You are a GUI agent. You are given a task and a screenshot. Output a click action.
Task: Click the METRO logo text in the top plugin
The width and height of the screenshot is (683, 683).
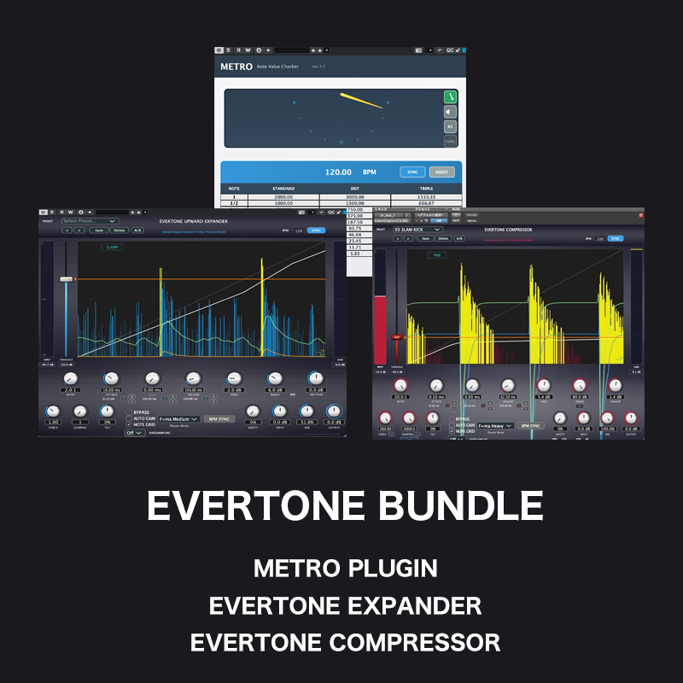(236, 66)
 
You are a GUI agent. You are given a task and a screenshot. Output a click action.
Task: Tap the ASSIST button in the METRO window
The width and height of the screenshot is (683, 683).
(441, 172)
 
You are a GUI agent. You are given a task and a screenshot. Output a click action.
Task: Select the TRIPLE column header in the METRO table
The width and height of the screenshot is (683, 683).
(427, 188)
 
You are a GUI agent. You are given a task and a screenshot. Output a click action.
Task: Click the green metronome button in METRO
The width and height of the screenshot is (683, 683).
(449, 96)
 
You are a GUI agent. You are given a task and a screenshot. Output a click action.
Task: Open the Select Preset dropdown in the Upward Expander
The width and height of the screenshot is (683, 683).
(88, 220)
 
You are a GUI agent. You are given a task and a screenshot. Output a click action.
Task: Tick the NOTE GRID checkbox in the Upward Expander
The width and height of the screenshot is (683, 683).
(129, 424)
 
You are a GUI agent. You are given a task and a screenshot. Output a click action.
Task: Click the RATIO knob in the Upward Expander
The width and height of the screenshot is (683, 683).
(70, 378)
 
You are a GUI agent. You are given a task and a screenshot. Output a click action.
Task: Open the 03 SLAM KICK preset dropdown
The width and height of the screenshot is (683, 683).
(417, 229)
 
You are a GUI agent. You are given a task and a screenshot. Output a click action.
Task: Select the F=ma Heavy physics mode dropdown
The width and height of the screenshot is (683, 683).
(495, 425)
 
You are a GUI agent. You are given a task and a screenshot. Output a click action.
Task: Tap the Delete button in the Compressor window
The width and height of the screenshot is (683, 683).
(441, 239)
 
